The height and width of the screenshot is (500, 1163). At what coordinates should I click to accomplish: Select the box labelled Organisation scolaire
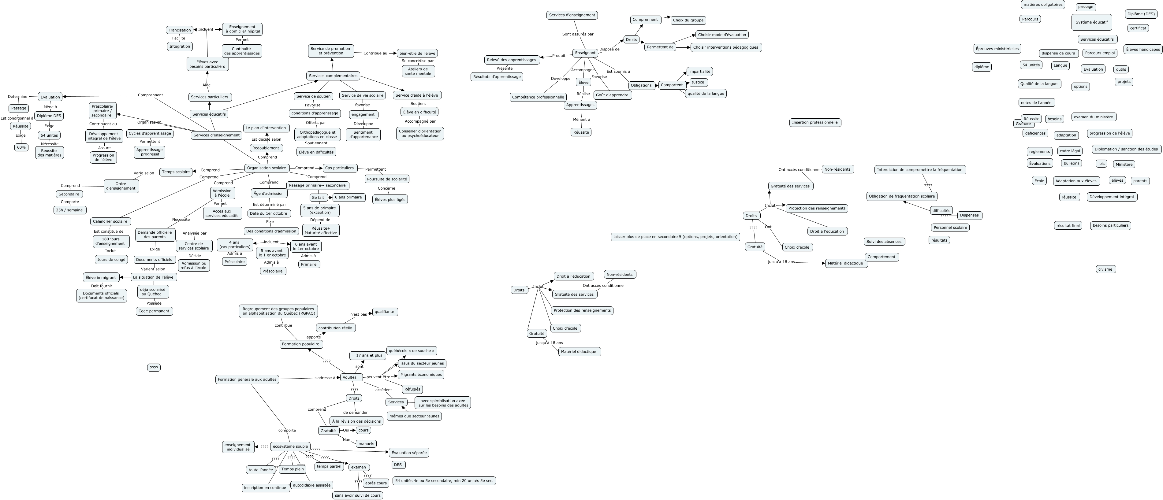[x=267, y=168]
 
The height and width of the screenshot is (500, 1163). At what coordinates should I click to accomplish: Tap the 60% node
[x=21, y=147]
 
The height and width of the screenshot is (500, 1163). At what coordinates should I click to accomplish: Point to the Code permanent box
[x=154, y=311]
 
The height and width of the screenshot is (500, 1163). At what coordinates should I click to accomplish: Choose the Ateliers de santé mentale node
[x=418, y=71]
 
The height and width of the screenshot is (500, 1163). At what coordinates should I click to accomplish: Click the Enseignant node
[x=585, y=53]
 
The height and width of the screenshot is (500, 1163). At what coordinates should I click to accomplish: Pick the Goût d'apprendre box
[x=612, y=95]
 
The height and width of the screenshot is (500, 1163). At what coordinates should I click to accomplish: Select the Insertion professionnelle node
[x=815, y=122]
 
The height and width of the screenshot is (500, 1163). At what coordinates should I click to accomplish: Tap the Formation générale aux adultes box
[x=247, y=380]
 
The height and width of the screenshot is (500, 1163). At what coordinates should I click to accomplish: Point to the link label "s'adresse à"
[x=325, y=378]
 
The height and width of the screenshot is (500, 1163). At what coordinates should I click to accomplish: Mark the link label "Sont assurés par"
[x=577, y=34]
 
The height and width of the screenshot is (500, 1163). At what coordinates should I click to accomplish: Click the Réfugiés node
[x=412, y=389]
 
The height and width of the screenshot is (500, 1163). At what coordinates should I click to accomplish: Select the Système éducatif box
[x=1091, y=22]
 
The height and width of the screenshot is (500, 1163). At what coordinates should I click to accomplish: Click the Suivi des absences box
[x=884, y=241]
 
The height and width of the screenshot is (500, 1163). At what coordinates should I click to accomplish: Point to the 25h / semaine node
[x=69, y=210]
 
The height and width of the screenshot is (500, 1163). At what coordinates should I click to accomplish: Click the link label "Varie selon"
[x=144, y=173]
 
